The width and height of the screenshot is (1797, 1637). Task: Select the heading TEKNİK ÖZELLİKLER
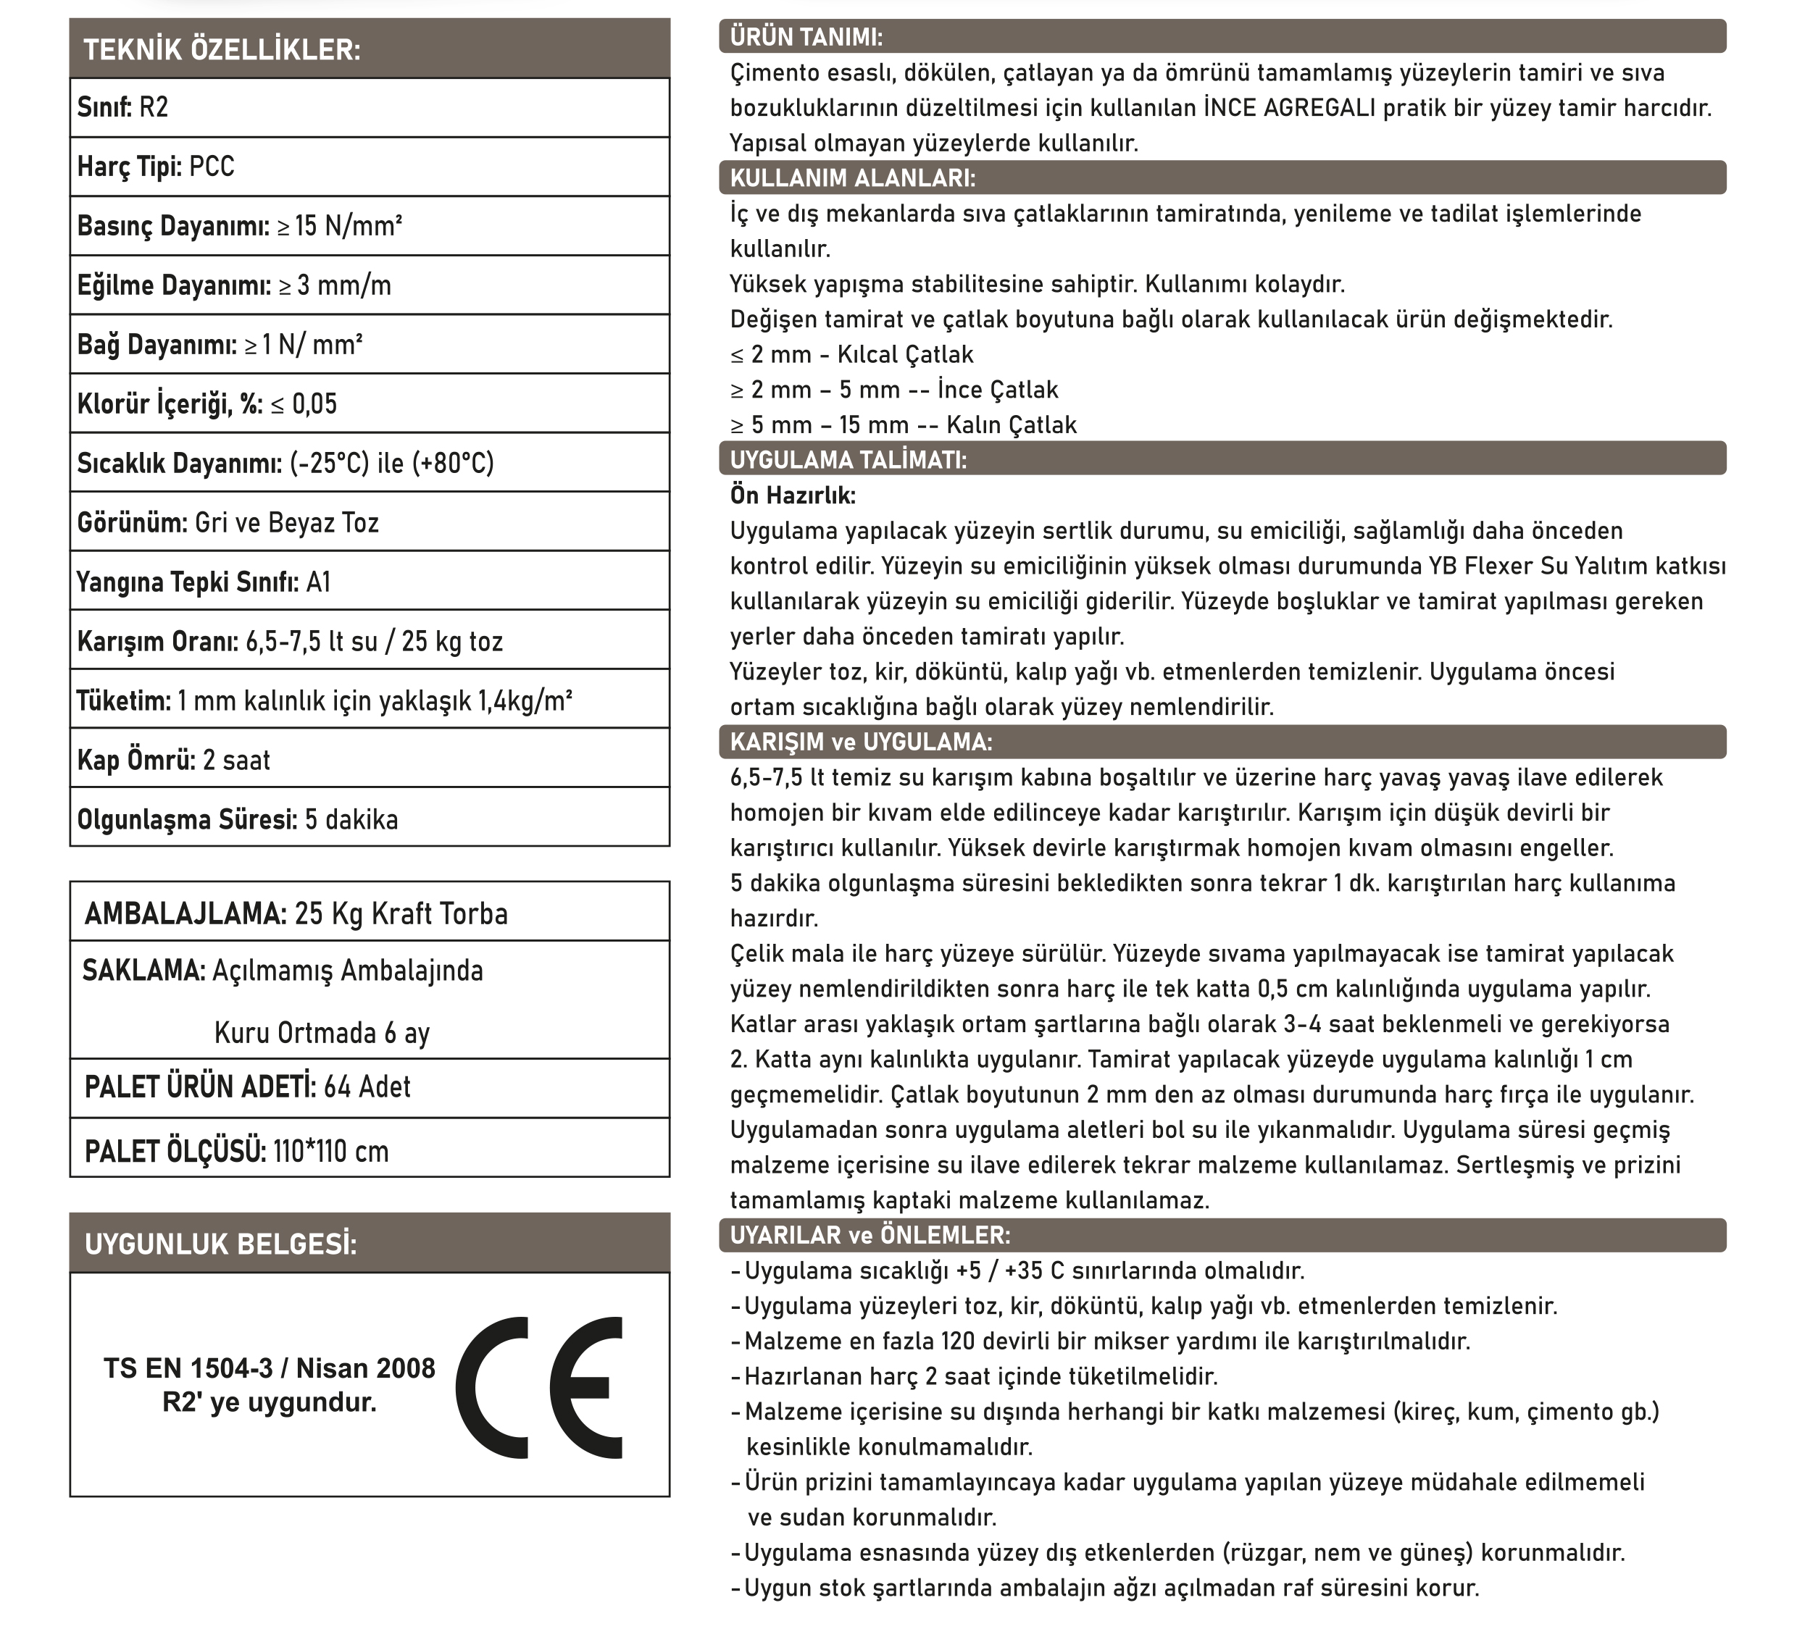coord(222,50)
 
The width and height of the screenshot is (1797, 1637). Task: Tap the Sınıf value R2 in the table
coord(154,108)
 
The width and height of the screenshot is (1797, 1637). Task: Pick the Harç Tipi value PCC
coord(212,167)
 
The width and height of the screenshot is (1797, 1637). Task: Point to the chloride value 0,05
coord(314,405)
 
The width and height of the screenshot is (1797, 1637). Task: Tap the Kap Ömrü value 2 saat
coord(236,760)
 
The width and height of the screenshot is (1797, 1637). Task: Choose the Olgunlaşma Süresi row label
coord(187,820)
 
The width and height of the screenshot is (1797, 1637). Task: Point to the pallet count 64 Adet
coord(367,1087)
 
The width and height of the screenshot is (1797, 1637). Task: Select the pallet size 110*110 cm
coord(330,1152)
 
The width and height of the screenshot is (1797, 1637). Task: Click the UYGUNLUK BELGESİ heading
coord(220,1244)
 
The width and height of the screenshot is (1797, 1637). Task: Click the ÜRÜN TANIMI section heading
coord(806,38)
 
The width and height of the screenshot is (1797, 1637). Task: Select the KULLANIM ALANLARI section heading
coord(852,178)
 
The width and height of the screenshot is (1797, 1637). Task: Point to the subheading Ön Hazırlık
coord(793,495)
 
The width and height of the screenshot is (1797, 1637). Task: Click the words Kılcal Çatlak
coord(905,355)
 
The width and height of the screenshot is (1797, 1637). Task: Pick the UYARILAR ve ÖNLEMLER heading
coord(870,1235)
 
